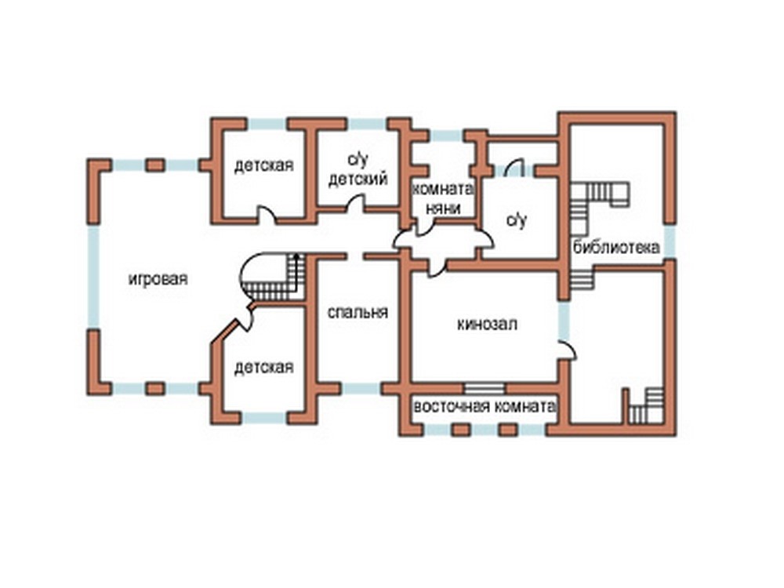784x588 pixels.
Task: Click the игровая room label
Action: pyautogui.click(x=158, y=279)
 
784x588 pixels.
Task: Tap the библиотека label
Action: pyautogui.click(x=616, y=247)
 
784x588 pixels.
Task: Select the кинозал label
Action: pyautogui.click(x=487, y=325)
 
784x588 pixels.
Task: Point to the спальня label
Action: pyautogui.click(x=358, y=313)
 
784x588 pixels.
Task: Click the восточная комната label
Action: pyautogui.click(x=485, y=406)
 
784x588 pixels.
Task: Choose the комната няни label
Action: pyautogui.click(x=443, y=198)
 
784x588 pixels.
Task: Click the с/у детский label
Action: pyautogui.click(x=358, y=169)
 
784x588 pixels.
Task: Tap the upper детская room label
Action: pyautogui.click(x=264, y=165)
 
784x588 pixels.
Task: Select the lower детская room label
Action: pyautogui.click(x=264, y=368)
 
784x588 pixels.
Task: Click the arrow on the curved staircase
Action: pyautogui.click(x=296, y=273)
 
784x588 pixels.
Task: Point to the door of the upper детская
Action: pyautogui.click(x=266, y=215)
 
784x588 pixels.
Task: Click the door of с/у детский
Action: pyautogui.click(x=356, y=203)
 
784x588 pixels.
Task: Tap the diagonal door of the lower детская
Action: pyautogui.click(x=245, y=316)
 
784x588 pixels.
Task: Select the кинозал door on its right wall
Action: pyautogui.click(x=568, y=350)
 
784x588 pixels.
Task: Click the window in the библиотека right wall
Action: pyautogui.click(x=670, y=241)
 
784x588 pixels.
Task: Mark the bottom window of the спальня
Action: pyautogui.click(x=361, y=389)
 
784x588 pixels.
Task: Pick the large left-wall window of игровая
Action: pyautogui.click(x=93, y=277)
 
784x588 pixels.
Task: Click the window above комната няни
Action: pyautogui.click(x=447, y=136)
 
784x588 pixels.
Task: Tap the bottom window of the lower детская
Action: pyautogui.click(x=264, y=418)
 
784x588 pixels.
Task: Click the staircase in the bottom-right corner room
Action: pyautogui.click(x=646, y=405)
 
